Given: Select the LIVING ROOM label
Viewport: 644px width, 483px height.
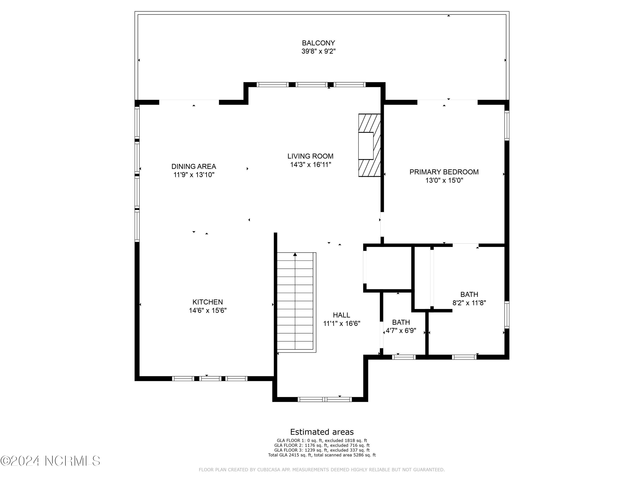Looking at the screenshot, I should coord(310,156).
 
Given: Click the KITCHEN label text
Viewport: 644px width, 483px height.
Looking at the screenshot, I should coord(208,302).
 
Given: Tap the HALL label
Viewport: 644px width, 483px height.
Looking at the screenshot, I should coord(341,315).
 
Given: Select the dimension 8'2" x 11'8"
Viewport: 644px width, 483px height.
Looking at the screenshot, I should coord(469,303).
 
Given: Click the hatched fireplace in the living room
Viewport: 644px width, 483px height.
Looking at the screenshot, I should coord(369,122).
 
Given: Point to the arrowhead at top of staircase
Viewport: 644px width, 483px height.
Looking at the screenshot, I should coord(295,254).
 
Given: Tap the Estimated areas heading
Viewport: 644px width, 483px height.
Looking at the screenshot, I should coord(322,432).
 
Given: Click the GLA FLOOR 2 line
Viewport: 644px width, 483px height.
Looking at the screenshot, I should coord(322,445).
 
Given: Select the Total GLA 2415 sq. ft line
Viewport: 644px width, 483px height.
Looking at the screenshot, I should coord(322,455).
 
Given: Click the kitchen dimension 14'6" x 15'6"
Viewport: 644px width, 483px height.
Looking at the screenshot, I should coord(208,310).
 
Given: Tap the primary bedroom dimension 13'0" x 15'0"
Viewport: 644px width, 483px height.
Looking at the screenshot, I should coord(444,181).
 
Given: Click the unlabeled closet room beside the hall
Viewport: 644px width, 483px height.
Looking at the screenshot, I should coord(388,268).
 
